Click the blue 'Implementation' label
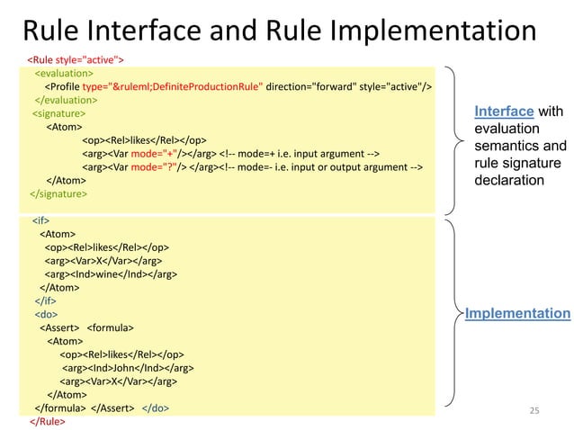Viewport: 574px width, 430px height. [x=517, y=313]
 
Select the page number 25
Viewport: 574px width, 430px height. [x=534, y=410]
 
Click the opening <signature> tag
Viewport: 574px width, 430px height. [x=59, y=113]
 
